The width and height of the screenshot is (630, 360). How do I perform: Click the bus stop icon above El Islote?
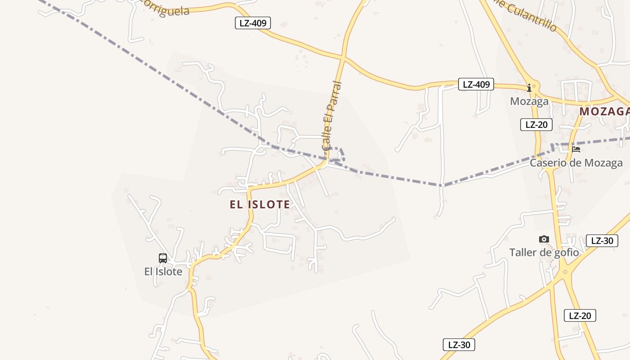(x=163, y=258)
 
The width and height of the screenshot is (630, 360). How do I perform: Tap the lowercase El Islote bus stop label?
(x=163, y=272)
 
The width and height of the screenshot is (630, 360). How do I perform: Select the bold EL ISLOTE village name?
(x=260, y=205)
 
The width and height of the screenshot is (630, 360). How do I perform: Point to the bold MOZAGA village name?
(x=604, y=112)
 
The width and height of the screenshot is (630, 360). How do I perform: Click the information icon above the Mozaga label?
(x=529, y=88)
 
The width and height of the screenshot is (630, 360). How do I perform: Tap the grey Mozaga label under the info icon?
(x=529, y=101)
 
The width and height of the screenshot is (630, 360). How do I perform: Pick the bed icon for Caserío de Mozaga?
(x=576, y=149)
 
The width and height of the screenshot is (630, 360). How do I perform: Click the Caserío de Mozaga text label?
(x=576, y=162)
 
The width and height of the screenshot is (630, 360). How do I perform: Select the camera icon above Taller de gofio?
(x=544, y=239)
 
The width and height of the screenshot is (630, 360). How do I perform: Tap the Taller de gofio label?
(x=544, y=252)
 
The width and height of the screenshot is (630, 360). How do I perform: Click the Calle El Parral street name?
(x=332, y=115)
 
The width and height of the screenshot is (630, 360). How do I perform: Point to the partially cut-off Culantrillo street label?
(x=526, y=13)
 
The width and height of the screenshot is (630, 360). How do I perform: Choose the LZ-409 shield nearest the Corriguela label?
(x=253, y=23)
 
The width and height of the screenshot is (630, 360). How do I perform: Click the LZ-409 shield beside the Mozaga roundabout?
(x=476, y=84)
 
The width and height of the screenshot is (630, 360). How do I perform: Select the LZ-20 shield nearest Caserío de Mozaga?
(x=536, y=125)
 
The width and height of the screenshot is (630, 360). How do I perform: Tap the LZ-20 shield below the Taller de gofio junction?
(x=580, y=315)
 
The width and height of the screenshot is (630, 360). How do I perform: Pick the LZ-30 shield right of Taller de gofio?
(x=602, y=241)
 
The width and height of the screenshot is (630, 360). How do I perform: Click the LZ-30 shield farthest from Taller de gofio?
(x=459, y=345)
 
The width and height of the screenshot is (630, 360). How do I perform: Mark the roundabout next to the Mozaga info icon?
(x=534, y=85)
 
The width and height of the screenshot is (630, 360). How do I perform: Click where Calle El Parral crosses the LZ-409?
(x=343, y=58)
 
